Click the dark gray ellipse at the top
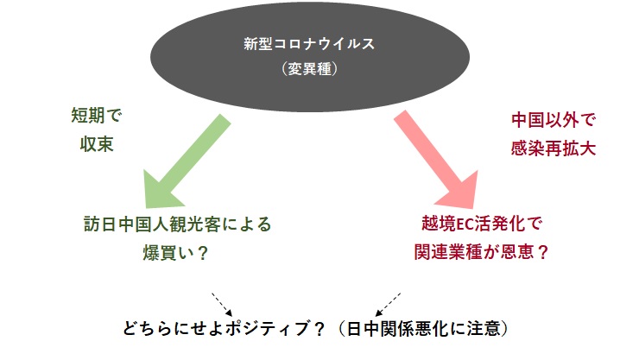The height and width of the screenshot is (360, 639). [x=310, y=57]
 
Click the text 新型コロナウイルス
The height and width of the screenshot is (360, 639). [x=309, y=43]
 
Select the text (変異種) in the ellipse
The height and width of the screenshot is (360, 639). [x=309, y=68]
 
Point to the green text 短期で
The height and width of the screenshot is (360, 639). [x=97, y=115]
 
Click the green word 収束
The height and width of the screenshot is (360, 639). [x=97, y=144]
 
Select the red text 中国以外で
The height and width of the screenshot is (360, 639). [x=553, y=120]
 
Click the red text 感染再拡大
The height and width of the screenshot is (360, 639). [x=553, y=148]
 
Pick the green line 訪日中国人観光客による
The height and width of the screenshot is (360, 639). [x=178, y=224]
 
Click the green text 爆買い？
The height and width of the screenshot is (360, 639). [x=175, y=253]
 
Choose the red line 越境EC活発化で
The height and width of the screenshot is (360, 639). [x=482, y=224]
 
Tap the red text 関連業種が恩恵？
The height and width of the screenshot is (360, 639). [x=482, y=252]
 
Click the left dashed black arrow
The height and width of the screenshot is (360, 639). [x=222, y=304]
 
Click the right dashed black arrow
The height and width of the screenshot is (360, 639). [x=388, y=304]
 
